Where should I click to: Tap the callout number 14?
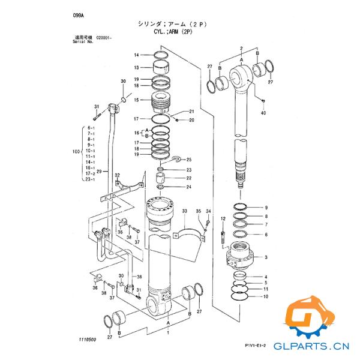[x=136, y=55]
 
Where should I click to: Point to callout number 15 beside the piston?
[x=136, y=100]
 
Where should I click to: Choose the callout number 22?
[x=188, y=178]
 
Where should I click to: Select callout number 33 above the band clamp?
[x=185, y=211]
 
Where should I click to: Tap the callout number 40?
[x=263, y=113]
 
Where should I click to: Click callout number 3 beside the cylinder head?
[x=266, y=257]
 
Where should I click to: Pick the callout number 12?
[x=223, y=218]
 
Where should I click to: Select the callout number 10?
[x=266, y=296]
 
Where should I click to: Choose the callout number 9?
[x=266, y=208]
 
